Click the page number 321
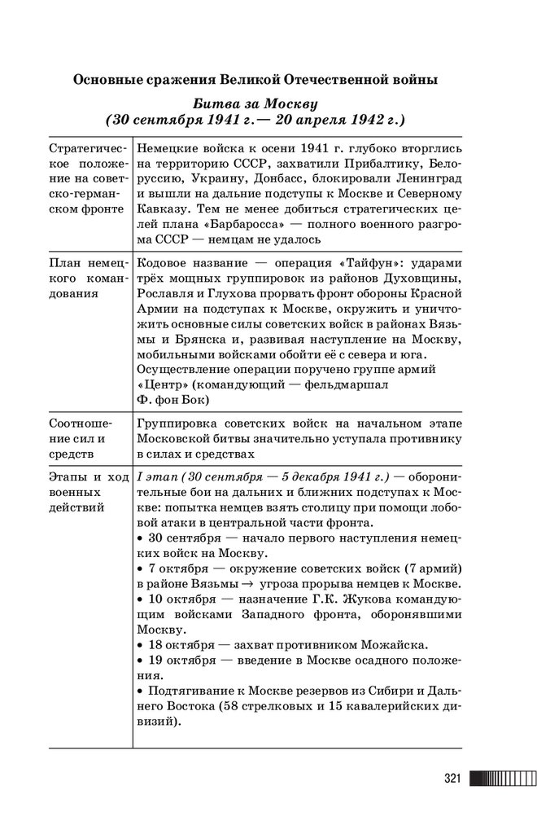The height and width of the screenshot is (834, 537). coord(452,779)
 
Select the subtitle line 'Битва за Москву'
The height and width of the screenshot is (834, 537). coord(255,105)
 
